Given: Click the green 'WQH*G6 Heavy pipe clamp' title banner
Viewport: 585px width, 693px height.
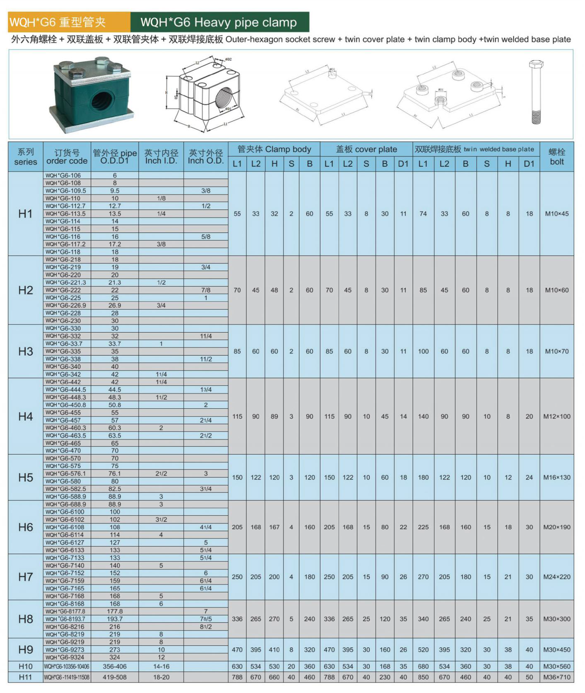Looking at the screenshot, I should click(x=219, y=22).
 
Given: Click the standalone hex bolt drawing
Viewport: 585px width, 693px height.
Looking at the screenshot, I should click(x=536, y=92).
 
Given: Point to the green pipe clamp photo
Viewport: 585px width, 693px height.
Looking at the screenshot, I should click(x=91, y=95).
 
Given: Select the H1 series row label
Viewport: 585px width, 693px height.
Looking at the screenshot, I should click(x=25, y=214).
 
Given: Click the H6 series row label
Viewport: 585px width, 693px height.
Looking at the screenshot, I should click(x=25, y=527).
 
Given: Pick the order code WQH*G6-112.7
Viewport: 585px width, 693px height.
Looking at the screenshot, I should click(x=65, y=206).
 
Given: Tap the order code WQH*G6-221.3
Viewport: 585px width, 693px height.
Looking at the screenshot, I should click(x=66, y=283).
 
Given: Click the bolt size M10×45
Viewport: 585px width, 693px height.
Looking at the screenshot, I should click(x=557, y=214).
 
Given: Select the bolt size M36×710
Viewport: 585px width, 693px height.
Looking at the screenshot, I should click(x=557, y=677).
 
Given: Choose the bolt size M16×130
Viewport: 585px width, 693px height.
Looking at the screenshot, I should click(x=557, y=477).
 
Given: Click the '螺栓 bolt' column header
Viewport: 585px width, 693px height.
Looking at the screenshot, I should click(x=557, y=157).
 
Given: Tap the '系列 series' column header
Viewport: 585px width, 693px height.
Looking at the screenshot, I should click(x=25, y=157).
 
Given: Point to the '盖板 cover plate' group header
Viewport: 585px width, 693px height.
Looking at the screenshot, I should click(x=366, y=149).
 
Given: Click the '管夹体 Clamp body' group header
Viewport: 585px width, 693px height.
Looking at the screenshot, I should click(x=274, y=149).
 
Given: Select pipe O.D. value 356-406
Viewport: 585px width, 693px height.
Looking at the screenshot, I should click(x=115, y=666).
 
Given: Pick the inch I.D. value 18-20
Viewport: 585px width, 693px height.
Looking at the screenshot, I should click(x=161, y=677).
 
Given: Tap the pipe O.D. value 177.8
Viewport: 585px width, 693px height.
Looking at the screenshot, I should click(x=115, y=612).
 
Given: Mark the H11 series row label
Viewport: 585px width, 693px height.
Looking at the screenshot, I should click(x=25, y=677).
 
